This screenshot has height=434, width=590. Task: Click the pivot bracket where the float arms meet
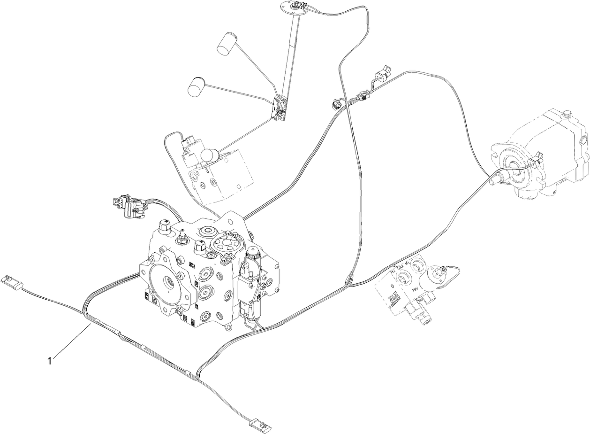280,107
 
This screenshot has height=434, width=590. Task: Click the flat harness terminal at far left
12,281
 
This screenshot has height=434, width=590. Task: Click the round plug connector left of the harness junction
336,102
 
